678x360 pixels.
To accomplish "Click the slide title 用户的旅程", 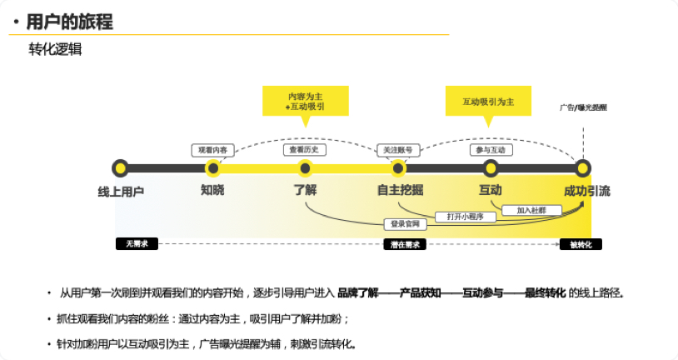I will tap(70, 22).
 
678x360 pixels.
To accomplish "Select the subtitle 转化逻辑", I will tap(55, 49).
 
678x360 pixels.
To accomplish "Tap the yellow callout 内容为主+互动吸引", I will tap(305, 102).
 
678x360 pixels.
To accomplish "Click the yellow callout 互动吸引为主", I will tap(488, 102).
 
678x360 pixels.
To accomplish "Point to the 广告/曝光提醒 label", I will tap(583, 107).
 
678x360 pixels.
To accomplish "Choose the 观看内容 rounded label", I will tap(212, 150).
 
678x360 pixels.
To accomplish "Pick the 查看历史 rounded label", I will tap(305, 150).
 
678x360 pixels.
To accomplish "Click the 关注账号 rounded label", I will tap(396, 150).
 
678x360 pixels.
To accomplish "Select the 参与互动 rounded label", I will tap(489, 150).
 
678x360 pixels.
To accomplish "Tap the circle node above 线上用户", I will tap(121, 168).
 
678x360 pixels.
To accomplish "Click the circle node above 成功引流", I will tap(583, 168).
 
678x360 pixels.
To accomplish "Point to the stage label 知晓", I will tap(212, 191).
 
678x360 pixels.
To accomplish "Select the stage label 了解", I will tap(305, 191).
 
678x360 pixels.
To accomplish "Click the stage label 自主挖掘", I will tap(400, 191).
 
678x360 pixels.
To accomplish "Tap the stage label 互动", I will tap(490, 191).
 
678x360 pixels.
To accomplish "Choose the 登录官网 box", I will tap(406, 223).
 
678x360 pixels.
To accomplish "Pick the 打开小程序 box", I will tap(471, 217).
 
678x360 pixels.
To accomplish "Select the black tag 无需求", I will tap(137, 244).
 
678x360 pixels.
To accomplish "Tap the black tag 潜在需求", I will tap(405, 244).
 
